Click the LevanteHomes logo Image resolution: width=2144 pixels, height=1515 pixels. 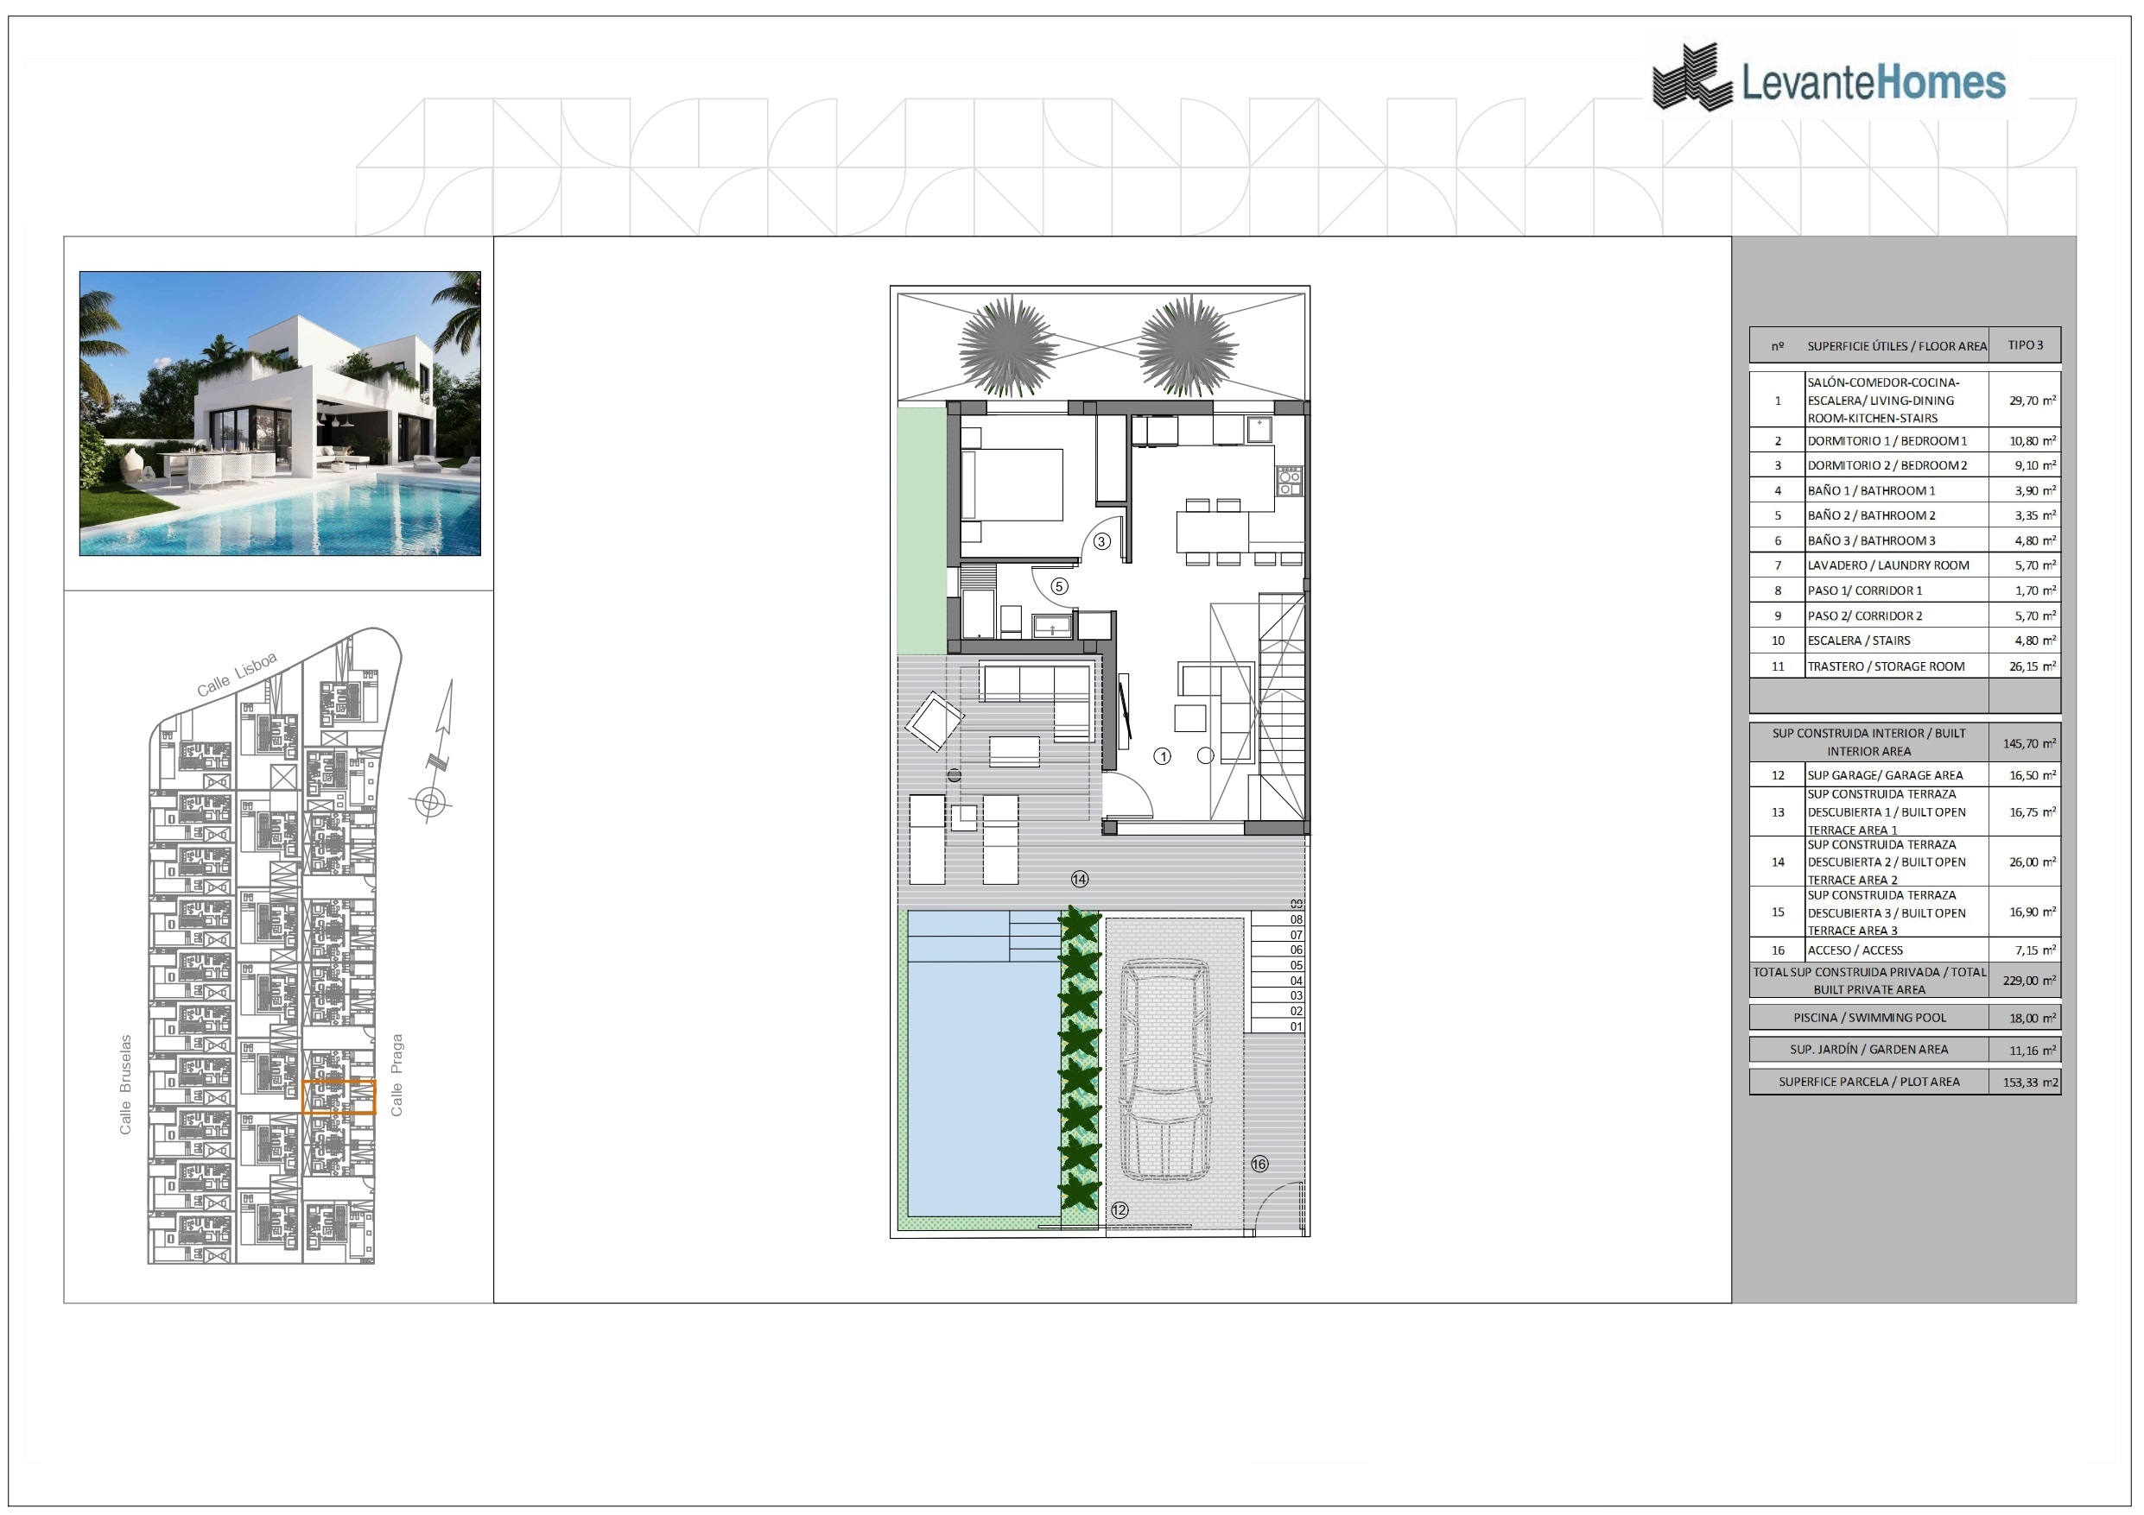(x=1828, y=79)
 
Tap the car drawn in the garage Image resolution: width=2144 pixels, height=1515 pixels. (x=1165, y=1070)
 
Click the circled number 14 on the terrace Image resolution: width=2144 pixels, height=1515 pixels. (x=1080, y=879)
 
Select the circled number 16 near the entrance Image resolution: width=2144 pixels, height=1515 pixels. (x=1259, y=1163)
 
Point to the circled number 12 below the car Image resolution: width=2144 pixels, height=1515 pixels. (x=1120, y=1209)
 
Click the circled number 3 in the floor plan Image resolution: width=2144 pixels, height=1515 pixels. (x=1102, y=541)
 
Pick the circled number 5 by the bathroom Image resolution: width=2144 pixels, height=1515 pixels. (x=1059, y=586)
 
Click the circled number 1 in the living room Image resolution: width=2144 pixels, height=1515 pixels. (x=1163, y=756)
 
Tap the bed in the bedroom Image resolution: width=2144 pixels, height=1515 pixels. (x=1012, y=484)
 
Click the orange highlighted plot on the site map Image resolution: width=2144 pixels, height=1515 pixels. (x=339, y=1097)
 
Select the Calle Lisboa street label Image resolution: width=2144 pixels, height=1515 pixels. (x=238, y=674)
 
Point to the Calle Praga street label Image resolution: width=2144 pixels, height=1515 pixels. (x=396, y=1075)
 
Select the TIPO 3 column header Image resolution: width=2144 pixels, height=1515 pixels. (x=2026, y=345)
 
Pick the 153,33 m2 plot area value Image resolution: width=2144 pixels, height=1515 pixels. (x=2031, y=1083)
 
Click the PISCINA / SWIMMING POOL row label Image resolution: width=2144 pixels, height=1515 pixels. (x=1869, y=1018)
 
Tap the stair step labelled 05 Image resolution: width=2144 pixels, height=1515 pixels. (x=1296, y=965)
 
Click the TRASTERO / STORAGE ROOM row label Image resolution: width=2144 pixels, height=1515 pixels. (x=1887, y=666)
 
